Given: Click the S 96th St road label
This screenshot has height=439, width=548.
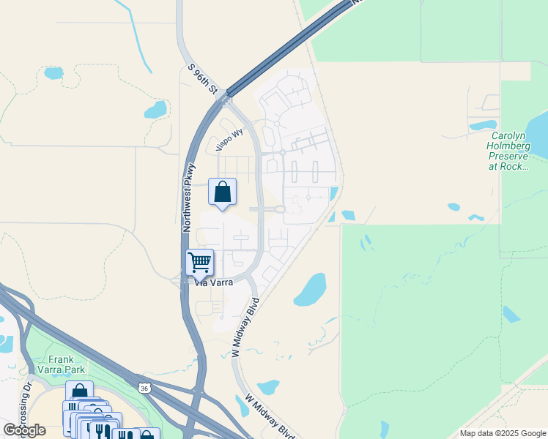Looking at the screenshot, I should coord(204,79).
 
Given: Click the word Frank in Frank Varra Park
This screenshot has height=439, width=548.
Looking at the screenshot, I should coord(62,359).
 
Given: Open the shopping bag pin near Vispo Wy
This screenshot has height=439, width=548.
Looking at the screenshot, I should coord(223,192).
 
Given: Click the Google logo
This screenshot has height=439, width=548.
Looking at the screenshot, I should coord(24,430).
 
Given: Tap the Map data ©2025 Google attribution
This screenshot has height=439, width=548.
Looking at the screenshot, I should coord(503,433).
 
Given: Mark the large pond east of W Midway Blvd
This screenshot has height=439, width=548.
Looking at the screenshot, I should coord(311,290).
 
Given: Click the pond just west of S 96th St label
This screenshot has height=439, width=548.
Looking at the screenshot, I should coord(155,110).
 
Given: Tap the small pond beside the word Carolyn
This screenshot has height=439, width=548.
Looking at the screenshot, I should coord(483,124).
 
